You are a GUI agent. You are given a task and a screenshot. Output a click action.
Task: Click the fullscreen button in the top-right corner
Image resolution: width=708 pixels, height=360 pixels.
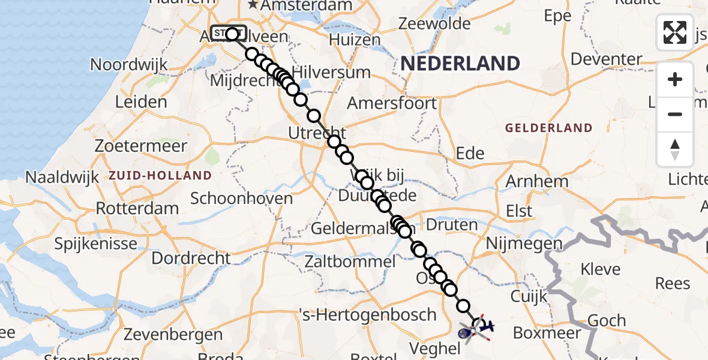click(675, 32)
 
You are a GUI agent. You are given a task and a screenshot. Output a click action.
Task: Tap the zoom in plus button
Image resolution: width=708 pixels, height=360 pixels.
click(675, 79)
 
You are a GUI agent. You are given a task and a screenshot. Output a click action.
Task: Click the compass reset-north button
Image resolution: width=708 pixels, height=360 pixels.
click(675, 149)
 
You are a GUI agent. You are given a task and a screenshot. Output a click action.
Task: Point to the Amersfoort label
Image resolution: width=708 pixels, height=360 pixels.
click(400, 103)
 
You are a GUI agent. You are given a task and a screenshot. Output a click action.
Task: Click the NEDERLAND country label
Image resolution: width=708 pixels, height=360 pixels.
click(460, 63)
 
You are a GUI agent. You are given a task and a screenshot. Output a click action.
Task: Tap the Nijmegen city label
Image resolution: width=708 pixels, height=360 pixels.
click(524, 244)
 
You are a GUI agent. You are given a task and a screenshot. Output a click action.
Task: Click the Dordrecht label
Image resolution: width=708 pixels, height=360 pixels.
click(191, 258)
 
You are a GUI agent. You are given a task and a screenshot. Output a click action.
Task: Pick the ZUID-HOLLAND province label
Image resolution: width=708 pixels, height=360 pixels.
click(160, 176)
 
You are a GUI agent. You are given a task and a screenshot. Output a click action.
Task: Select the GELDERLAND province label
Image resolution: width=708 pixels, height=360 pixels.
click(548, 128)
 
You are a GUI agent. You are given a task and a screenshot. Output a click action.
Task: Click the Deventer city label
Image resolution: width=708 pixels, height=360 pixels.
click(607, 59)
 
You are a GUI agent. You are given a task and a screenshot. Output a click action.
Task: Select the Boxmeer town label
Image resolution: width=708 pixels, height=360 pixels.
click(546, 332)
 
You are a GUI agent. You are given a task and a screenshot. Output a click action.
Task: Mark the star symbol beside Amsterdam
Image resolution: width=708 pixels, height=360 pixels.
click(253, 5)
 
